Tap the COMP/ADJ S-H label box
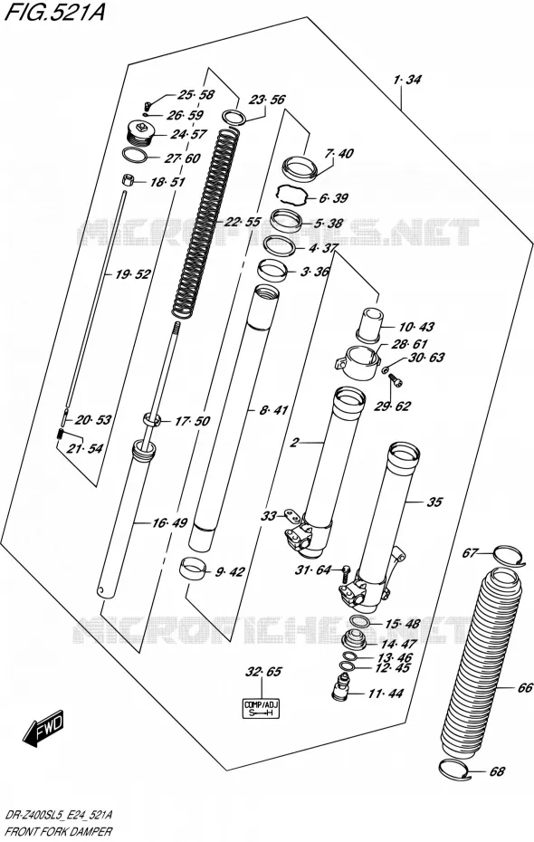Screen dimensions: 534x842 [x=262, y=708]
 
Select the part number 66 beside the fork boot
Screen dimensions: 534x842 [x=526, y=688]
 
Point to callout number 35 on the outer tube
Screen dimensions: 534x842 [x=434, y=502]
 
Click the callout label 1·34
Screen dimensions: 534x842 [x=406, y=80]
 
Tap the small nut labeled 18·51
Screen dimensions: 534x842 [x=128, y=179]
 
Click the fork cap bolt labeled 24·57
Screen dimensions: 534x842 [x=139, y=132]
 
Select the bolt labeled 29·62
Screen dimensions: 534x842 [x=395, y=379]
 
